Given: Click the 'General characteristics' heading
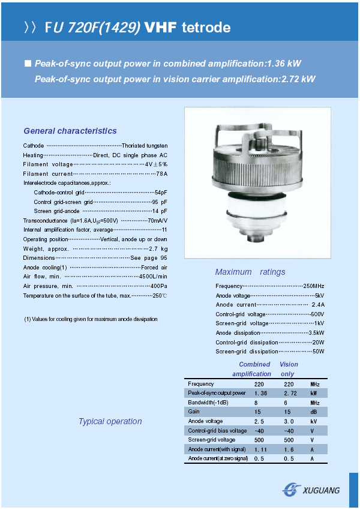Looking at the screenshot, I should (70, 131).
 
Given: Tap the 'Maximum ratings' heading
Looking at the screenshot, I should (250, 272).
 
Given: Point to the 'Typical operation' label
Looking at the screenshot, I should (110, 421).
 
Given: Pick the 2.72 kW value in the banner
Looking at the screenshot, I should (298, 79).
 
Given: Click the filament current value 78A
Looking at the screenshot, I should (161, 173).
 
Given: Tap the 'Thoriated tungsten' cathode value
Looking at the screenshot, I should (145, 146).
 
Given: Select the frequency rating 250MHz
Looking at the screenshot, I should (314, 286).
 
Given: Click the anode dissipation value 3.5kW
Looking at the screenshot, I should (316, 332).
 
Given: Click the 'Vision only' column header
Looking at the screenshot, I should (289, 369).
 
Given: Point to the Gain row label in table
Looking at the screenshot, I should (194, 412).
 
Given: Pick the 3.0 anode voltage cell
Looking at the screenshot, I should (289, 421).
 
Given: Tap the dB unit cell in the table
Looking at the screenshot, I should (314, 412).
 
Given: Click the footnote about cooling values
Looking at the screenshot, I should (91, 319).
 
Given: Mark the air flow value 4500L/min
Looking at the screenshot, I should (153, 277).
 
